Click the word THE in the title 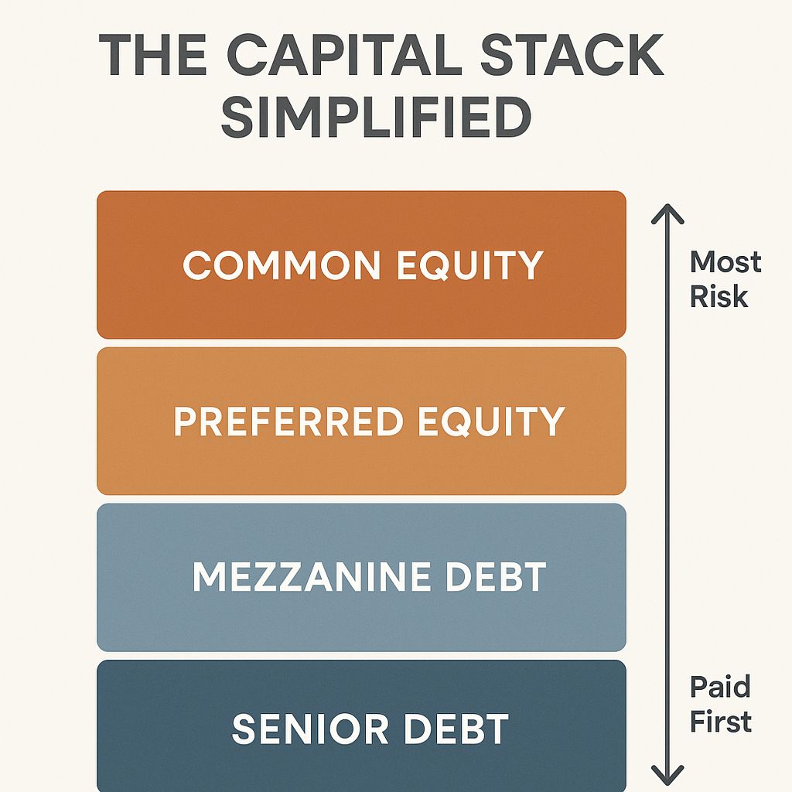coord(155,56)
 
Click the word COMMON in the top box coord(282,265)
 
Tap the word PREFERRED coord(288,422)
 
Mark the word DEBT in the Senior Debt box coord(454,729)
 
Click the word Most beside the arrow coord(725,262)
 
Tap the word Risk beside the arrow coord(719,296)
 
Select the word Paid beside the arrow coord(720,687)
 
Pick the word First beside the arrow coord(721,722)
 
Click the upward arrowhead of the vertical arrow coord(667,213)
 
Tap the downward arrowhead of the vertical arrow coord(667,775)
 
